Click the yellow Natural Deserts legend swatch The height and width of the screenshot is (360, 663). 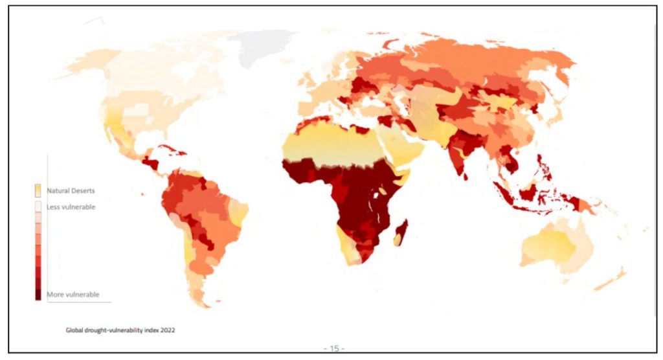coord(38,190)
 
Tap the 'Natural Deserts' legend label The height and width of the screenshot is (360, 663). coord(71,191)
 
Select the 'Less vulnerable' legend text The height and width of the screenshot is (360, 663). coord(71,207)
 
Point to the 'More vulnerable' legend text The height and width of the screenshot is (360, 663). coord(73,295)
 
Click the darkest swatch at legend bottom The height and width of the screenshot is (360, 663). coord(38,294)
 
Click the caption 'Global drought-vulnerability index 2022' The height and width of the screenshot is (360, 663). coord(120,330)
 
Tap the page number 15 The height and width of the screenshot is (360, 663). coord(334,348)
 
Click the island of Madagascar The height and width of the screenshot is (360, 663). coord(401,231)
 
